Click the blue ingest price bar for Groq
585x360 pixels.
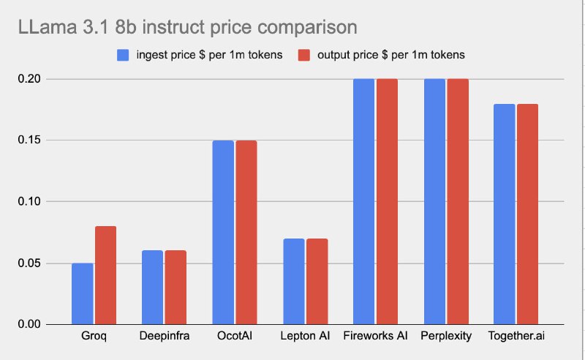coord(83,293)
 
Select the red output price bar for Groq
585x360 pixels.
coord(105,275)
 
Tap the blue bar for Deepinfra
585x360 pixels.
coord(153,288)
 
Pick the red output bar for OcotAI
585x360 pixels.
coord(246,232)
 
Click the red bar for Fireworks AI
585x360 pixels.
coord(387,201)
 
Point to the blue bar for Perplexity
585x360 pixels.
coord(434,201)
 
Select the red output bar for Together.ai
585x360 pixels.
coord(526,214)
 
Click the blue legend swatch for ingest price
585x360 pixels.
coord(122,55)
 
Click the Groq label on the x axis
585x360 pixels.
coord(94,337)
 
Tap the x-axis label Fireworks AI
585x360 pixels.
coord(375,337)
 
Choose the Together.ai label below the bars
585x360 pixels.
coord(516,337)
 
